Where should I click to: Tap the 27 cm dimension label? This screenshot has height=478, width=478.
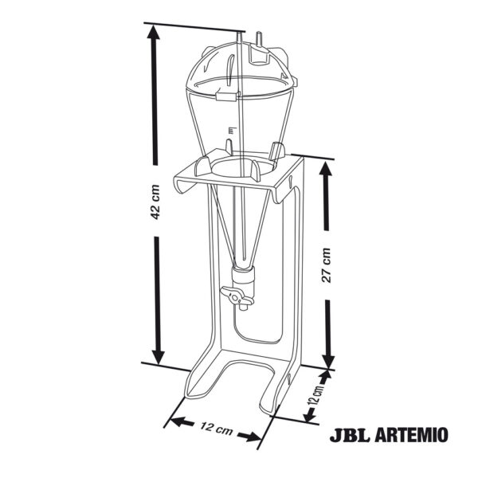coord(326,265)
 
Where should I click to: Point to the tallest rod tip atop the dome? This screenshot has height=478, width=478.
coord(241,35)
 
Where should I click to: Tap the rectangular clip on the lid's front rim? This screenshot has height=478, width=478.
coord(226,96)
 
